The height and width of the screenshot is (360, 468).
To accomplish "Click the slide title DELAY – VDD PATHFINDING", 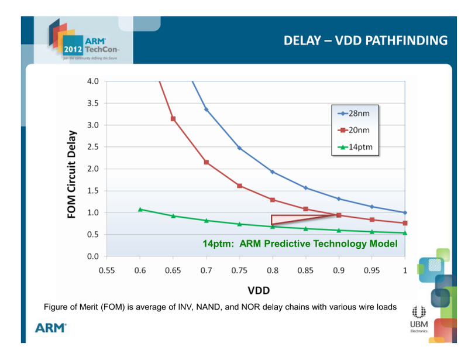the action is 365,40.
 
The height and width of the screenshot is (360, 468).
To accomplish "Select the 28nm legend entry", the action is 354,114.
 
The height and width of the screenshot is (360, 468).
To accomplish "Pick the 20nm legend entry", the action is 354,131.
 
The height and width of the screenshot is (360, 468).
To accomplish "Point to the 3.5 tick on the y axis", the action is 93,104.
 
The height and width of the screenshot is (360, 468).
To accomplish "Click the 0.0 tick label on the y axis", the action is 93,256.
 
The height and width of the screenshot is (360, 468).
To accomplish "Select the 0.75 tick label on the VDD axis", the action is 239,270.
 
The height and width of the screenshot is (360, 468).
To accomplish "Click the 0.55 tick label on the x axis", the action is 107,270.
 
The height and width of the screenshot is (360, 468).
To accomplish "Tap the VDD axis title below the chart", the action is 259,290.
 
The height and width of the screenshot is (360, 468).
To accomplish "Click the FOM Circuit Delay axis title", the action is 71,174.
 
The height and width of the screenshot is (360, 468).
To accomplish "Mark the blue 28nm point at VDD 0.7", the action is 207,109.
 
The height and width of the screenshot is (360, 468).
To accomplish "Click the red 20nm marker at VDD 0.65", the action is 173,119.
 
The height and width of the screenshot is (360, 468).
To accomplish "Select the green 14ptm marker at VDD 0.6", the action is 140,210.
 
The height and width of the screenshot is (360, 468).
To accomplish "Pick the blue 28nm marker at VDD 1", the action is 405,212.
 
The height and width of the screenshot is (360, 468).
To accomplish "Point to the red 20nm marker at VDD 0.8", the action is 273,200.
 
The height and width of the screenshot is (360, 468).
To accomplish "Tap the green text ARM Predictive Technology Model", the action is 318,244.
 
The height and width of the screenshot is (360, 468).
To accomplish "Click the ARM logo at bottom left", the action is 51,328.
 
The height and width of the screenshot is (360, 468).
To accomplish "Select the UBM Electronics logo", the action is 419,319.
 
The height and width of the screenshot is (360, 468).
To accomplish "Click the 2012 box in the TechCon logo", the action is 73,49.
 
